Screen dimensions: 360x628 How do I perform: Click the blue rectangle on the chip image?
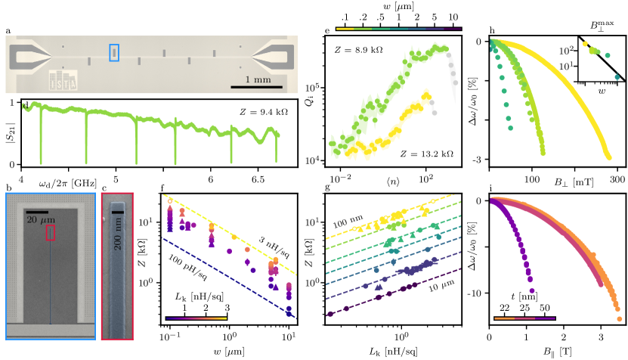point(114,52)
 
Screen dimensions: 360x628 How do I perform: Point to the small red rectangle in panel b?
point(51,233)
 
